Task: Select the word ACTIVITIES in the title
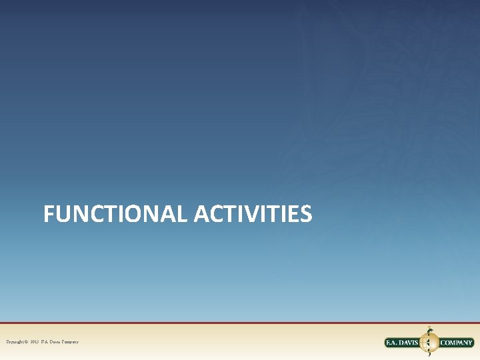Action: point(253,214)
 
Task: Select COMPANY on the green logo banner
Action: point(457,343)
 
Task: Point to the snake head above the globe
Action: point(429,329)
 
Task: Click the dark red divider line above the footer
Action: point(240,323)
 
